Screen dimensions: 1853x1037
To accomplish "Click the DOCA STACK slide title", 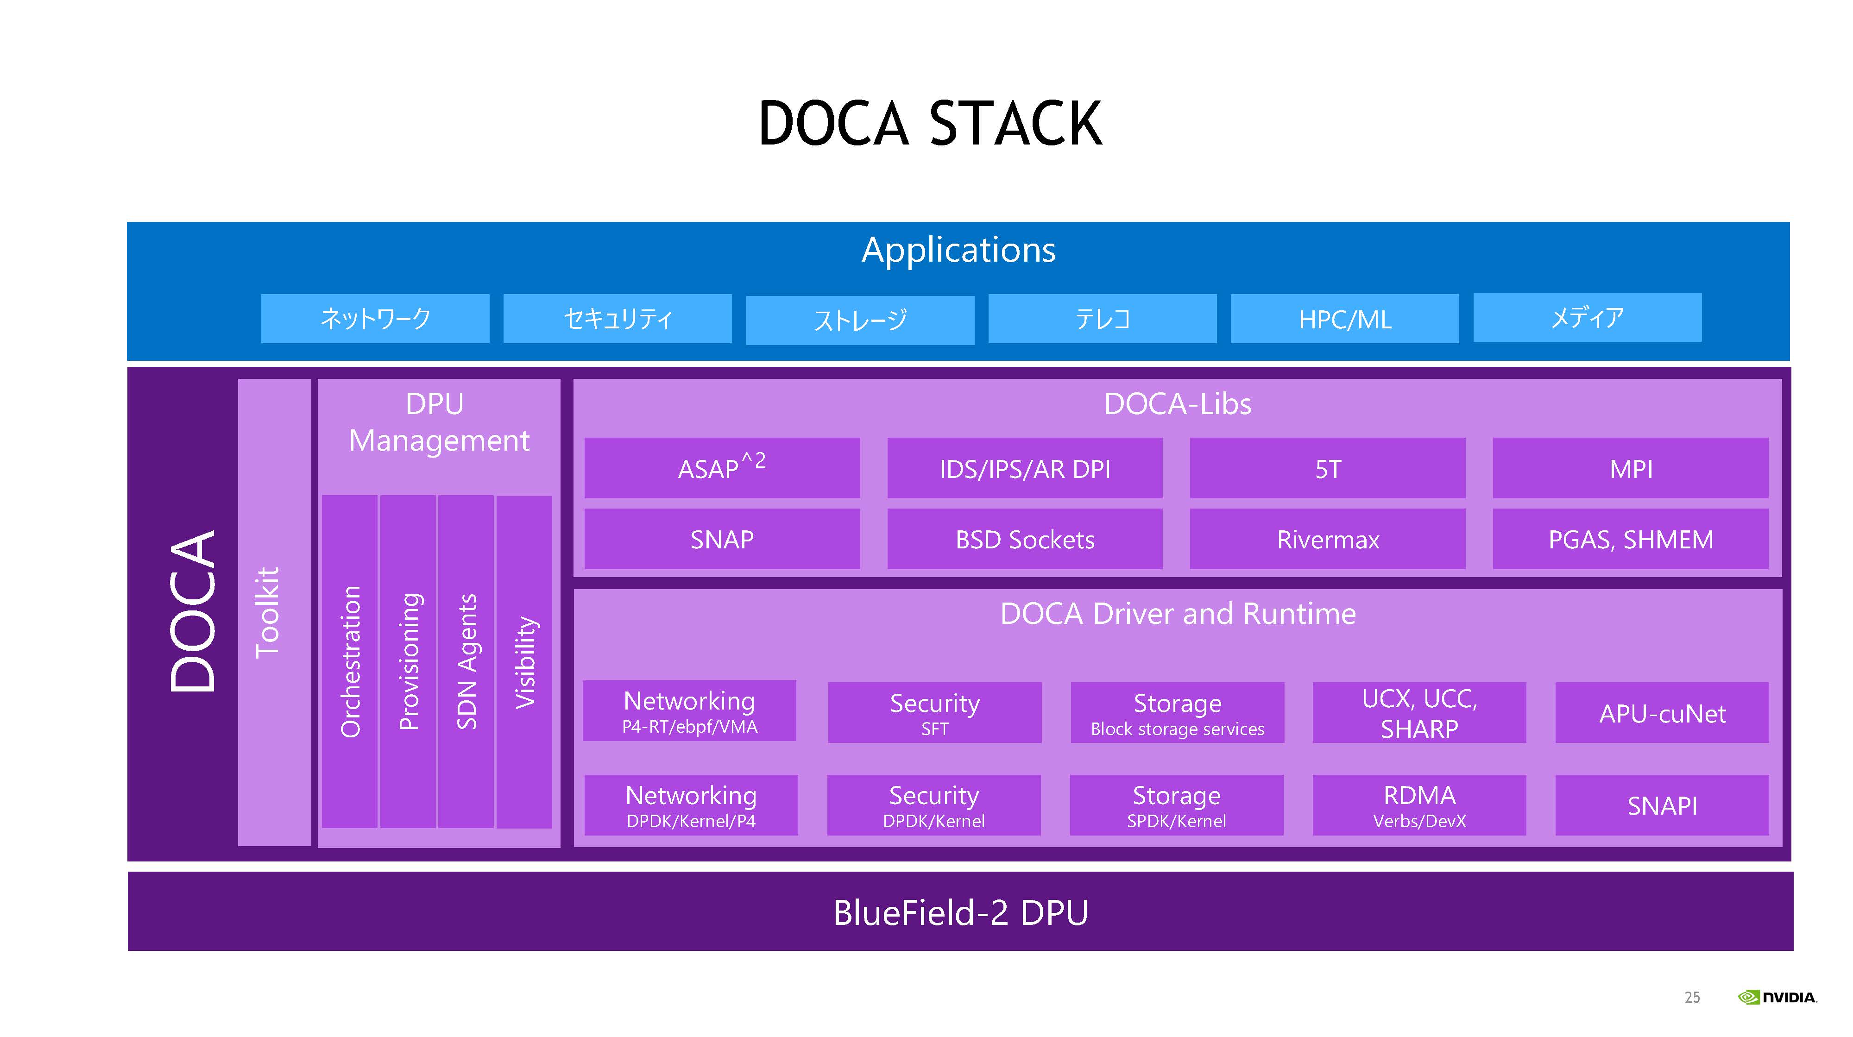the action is (930, 124).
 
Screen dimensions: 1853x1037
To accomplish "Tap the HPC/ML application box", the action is (1344, 319).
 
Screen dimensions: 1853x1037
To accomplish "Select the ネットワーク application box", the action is (375, 319).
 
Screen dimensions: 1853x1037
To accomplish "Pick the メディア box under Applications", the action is (1587, 317).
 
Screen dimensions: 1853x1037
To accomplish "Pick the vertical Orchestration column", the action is (350, 661).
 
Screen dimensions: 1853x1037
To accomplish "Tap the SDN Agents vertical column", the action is (466, 661).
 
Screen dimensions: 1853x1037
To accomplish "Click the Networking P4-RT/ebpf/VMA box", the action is (689, 710).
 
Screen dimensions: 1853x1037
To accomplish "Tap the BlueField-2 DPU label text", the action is (960, 912).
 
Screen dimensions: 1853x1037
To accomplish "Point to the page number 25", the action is (1692, 998).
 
